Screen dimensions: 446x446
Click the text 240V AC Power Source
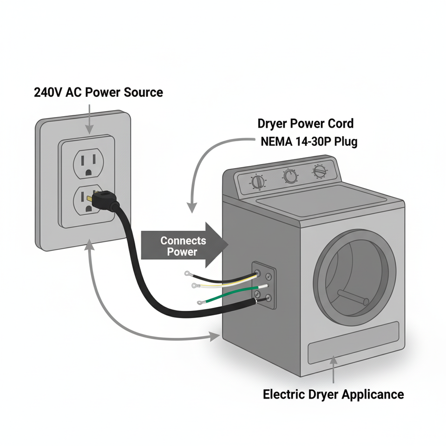point(98,92)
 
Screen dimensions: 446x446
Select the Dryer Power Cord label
point(306,124)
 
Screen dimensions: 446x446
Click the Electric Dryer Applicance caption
point(334,394)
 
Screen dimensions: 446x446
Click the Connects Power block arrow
point(184,245)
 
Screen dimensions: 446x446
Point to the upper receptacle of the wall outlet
point(88,163)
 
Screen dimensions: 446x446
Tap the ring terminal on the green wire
point(200,302)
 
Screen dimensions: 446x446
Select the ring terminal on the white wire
point(195,285)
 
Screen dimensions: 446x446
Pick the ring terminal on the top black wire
point(187,274)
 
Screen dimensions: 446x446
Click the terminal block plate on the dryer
point(264,285)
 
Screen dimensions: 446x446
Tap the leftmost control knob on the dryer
point(258,182)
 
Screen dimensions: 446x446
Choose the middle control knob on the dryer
point(291,176)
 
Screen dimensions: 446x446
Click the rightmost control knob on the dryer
point(320,171)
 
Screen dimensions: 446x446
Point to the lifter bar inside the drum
point(353,297)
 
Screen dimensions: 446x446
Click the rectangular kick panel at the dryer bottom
point(354,343)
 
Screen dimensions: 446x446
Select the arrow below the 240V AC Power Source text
point(90,119)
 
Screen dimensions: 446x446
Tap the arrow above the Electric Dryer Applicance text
point(334,369)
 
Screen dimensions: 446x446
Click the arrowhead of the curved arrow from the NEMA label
point(192,207)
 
